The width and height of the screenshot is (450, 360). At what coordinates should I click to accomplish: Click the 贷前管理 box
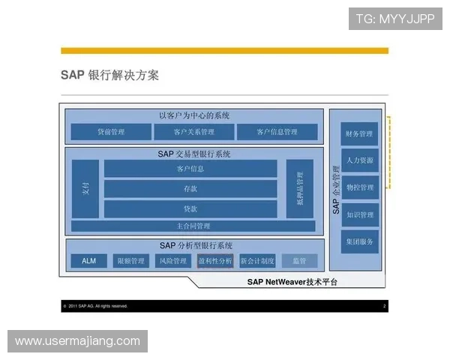[111, 132]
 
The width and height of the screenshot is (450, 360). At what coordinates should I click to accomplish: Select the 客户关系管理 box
[193, 132]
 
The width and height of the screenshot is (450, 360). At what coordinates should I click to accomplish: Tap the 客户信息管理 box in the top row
[277, 132]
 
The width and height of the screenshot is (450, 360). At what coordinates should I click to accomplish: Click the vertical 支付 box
[85, 188]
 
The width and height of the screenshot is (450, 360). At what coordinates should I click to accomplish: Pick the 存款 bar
[190, 189]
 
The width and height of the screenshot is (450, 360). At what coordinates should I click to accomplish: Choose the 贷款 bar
[190, 208]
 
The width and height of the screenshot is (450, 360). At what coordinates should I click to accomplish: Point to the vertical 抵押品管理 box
[299, 188]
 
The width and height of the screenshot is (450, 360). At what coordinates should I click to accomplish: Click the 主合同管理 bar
[193, 226]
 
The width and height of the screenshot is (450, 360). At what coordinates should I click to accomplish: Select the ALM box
[88, 261]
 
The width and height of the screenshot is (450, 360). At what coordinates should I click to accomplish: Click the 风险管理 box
[172, 261]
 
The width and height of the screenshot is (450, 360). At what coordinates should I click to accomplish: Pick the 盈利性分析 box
[215, 261]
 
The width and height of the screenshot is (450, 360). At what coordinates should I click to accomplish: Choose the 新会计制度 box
[257, 261]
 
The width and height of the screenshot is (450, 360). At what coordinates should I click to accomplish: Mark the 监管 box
[299, 261]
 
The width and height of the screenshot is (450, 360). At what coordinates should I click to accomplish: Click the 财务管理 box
[359, 134]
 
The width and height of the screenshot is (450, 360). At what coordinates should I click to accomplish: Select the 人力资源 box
[359, 160]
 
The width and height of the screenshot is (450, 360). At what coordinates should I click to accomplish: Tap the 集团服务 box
[359, 241]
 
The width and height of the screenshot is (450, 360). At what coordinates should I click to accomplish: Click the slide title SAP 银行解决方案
[109, 76]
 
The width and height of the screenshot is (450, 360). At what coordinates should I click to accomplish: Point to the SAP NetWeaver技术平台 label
[292, 283]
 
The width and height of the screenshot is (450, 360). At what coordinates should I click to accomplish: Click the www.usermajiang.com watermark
[77, 341]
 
